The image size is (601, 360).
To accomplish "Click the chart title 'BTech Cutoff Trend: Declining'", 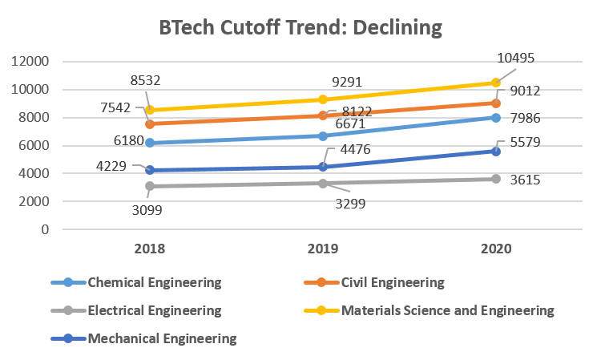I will pyautogui.click(x=300, y=27).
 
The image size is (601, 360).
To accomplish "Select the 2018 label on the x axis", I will pyautogui.click(x=151, y=249).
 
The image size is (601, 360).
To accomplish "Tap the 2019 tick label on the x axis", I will pyautogui.click(x=323, y=249).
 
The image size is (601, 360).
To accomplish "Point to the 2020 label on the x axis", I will pyautogui.click(x=496, y=249).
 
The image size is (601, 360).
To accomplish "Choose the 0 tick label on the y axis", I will pyautogui.click(x=45, y=230).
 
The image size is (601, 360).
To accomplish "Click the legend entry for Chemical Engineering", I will pyautogui.click(x=153, y=282).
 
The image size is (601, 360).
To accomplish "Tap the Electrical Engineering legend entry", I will pyautogui.click(x=153, y=310).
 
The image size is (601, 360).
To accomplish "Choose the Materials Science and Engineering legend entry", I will pyautogui.click(x=447, y=310).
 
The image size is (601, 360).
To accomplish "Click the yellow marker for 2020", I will pyautogui.click(x=496, y=83).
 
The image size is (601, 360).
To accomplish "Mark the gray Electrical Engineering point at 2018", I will pyautogui.click(x=151, y=186).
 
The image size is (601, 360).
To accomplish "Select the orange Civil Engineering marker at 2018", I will pyautogui.click(x=151, y=123).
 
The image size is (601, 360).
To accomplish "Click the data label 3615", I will pyautogui.click(x=526, y=181).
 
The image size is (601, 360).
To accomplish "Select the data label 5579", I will pyautogui.click(x=529, y=143).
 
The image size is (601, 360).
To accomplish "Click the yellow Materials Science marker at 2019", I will pyautogui.click(x=323, y=99).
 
